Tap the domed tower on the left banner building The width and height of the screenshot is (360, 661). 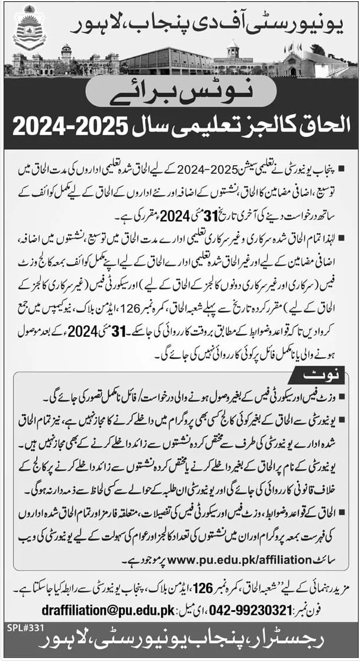point(66,52)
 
